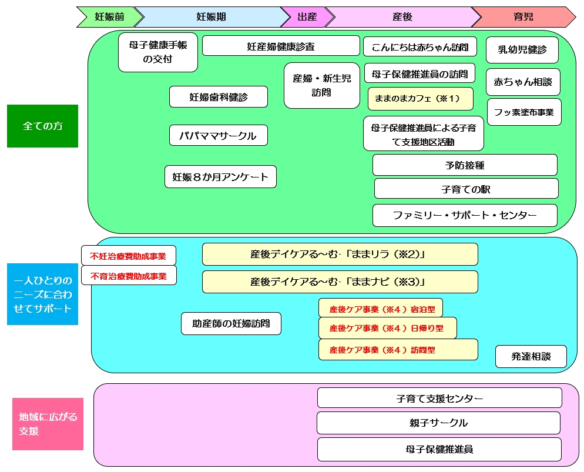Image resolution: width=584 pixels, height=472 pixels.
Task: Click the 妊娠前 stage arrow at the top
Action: click(x=110, y=17)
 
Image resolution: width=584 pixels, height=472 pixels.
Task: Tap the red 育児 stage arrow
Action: click(x=523, y=17)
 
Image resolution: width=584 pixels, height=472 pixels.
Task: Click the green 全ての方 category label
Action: click(x=42, y=126)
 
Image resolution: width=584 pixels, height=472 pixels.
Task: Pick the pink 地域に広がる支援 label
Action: click(x=48, y=424)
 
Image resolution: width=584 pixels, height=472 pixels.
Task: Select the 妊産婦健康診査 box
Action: click(x=281, y=46)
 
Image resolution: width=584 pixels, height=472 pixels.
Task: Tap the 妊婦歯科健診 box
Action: click(x=219, y=97)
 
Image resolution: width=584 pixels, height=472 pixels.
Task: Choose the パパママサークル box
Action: click(x=218, y=135)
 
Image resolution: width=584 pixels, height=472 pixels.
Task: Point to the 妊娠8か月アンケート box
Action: click(x=220, y=176)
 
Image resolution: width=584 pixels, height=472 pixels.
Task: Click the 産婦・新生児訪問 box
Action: click(x=321, y=85)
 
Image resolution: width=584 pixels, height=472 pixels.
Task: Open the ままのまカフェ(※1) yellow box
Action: click(x=420, y=98)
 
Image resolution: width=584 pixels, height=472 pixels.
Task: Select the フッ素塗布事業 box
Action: click(x=524, y=112)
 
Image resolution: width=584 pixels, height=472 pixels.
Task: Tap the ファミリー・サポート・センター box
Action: click(x=465, y=215)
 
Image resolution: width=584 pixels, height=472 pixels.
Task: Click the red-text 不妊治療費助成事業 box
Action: click(x=128, y=256)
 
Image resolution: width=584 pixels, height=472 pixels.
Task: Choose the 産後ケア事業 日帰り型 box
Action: click(x=387, y=328)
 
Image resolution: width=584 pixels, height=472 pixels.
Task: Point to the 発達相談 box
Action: click(x=531, y=356)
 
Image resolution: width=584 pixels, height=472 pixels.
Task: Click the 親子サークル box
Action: click(x=438, y=423)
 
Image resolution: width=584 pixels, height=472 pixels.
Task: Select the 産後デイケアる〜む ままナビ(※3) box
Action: click(x=340, y=282)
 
